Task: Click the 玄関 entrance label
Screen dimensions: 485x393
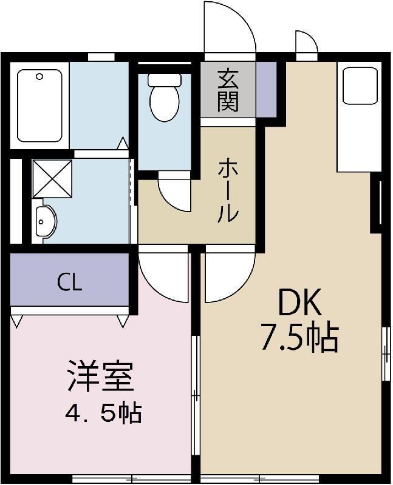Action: (x=228, y=90)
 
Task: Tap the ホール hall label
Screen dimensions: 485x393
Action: (x=228, y=189)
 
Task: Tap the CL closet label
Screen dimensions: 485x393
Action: (x=69, y=282)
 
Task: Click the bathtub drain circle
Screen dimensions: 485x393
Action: (x=40, y=77)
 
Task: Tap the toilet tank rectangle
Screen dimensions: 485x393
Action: (x=163, y=79)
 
